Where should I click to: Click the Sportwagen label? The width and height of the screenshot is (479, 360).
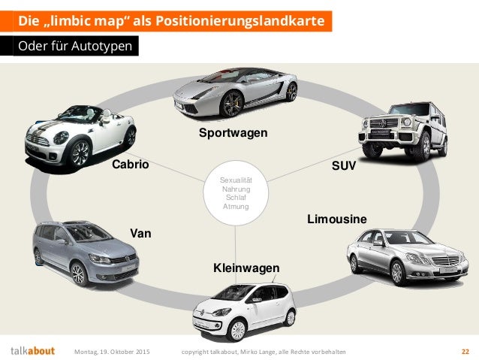[x=233, y=133]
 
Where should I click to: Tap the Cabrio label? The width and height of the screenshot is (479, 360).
[x=131, y=164]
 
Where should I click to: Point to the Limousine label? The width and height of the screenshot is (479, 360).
[x=337, y=219]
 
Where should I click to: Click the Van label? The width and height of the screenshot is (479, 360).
[x=140, y=233]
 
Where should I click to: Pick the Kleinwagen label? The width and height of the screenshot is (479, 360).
[x=246, y=268]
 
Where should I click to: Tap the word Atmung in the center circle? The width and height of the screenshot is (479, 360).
[x=236, y=206]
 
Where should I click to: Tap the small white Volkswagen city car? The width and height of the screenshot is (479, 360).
[x=240, y=310]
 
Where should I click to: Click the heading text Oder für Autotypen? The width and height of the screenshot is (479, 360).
[x=75, y=47]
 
